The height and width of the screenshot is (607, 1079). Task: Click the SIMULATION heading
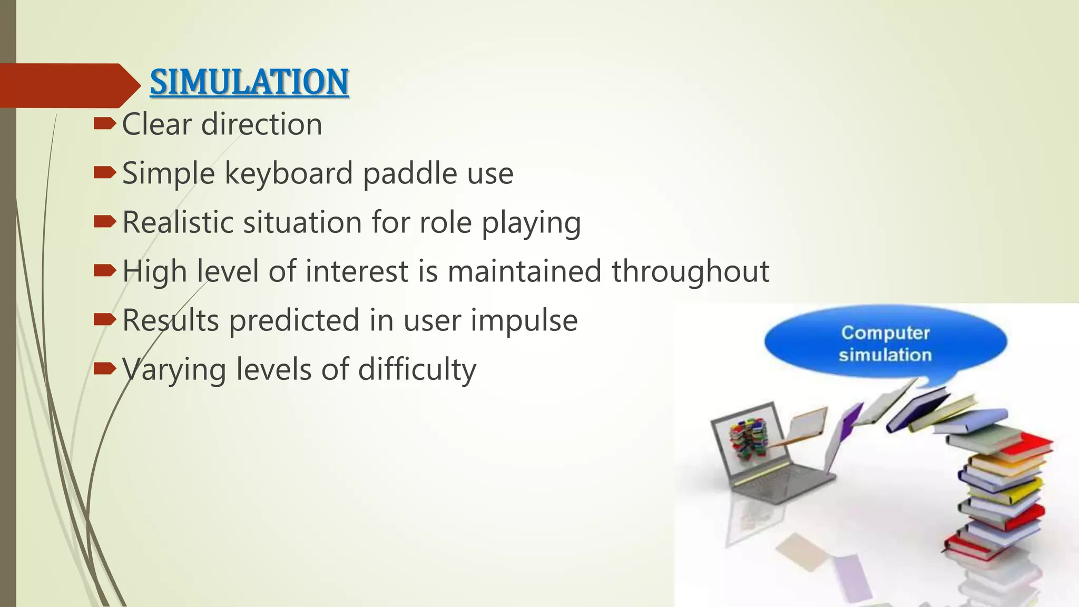[x=249, y=82]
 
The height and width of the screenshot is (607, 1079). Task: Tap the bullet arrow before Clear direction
[x=104, y=124]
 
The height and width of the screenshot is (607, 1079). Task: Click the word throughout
[x=690, y=272]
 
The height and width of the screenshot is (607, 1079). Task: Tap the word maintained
[x=524, y=271]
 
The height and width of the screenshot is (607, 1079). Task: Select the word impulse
[x=524, y=321]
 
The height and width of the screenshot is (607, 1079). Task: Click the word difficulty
[x=417, y=370]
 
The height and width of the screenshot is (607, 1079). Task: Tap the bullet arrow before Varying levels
[x=104, y=368]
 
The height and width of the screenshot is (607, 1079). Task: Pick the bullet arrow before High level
[x=104, y=271]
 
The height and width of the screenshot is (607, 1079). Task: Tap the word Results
[x=170, y=320]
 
